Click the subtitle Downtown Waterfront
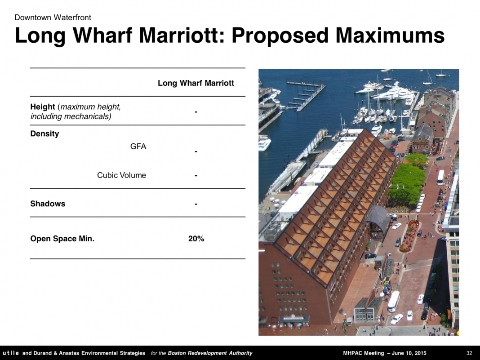point(53,18)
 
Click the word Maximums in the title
point(390,35)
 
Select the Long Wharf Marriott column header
point(196,83)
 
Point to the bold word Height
point(43,107)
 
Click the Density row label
point(44,134)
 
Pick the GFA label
point(138,147)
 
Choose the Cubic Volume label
point(121,175)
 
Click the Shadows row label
point(48,204)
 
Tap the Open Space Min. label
point(62,239)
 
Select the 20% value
point(196,239)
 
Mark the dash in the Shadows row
point(196,204)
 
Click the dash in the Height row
point(196,112)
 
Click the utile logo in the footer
point(11,353)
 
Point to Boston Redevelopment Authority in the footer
point(210,353)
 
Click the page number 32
point(469,353)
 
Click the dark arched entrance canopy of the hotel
point(378,220)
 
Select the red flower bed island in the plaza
point(409,236)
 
